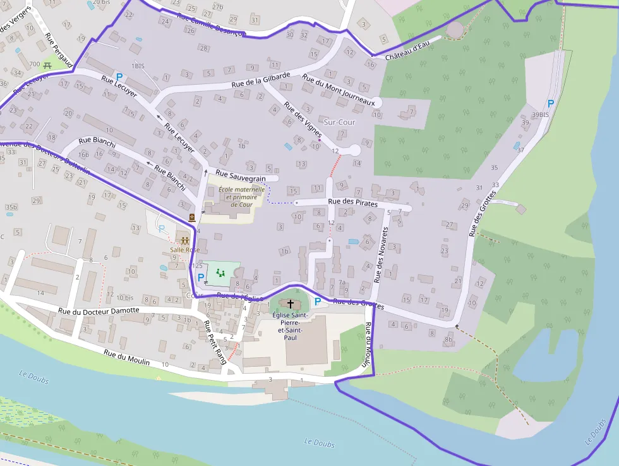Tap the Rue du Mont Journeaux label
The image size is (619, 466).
pyautogui.click(x=339, y=90)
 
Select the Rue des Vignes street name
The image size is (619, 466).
pyautogui.click(x=303, y=120)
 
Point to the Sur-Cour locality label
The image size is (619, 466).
pyautogui.click(x=339, y=121)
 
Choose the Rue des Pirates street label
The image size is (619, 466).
pyautogui.click(x=352, y=203)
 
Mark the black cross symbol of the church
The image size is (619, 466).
pyautogui.click(x=291, y=304)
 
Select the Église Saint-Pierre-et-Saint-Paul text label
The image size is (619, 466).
pyautogui.click(x=290, y=326)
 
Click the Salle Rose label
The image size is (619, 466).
pyautogui.click(x=184, y=250)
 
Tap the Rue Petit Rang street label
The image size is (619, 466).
pyautogui.click(x=215, y=342)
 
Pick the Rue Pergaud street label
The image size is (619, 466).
pyautogui.click(x=59, y=50)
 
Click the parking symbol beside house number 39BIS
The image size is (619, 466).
pyautogui.click(x=550, y=103)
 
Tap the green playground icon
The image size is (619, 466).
pyautogui.click(x=220, y=273)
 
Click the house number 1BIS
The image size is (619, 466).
pyautogui.click(x=138, y=66)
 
